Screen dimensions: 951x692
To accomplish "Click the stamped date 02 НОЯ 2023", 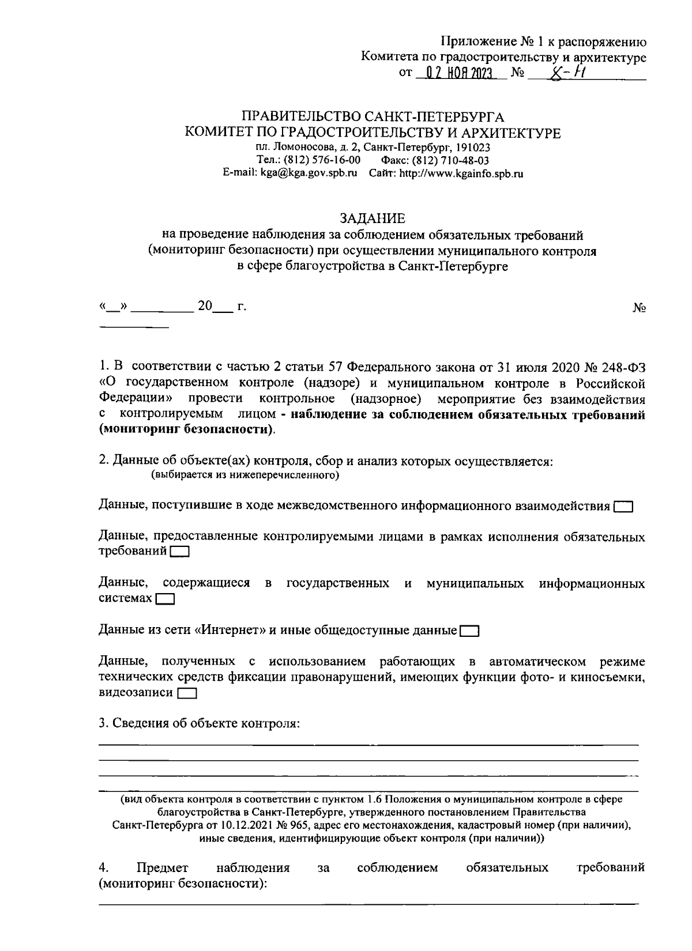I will (459, 74).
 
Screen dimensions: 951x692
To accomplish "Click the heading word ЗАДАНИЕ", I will (372, 218).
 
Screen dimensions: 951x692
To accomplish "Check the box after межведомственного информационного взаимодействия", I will (623, 507).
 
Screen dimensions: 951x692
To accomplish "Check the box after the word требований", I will (180, 552).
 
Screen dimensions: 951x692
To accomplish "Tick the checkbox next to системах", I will (165, 599).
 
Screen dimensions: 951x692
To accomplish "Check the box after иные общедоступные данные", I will (469, 631).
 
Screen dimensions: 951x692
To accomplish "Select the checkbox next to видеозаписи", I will (187, 693).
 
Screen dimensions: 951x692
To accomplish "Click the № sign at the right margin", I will (638, 308).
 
